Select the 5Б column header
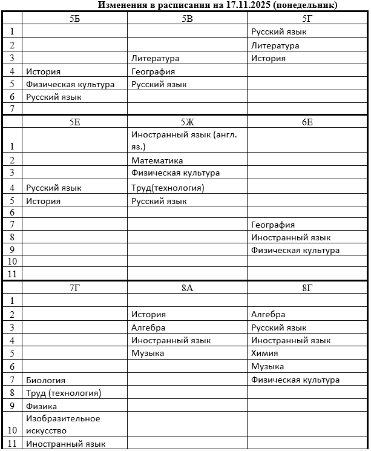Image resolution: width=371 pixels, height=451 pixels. pos(74,19)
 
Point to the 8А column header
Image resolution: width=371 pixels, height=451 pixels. pos(187,288)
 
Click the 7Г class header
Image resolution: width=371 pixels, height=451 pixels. pos(74,288)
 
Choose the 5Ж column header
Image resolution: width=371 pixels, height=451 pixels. pos(187,122)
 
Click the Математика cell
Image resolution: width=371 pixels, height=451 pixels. pos(157,160)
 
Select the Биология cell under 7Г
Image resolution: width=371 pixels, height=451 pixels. pos(45,380)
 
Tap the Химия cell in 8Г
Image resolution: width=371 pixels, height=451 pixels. pos(264,354)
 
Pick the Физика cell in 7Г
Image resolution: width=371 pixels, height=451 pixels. pos(41,406)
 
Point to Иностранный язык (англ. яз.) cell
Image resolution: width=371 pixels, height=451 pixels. pos(183,140)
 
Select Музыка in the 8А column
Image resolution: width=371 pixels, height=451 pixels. pos(148,354)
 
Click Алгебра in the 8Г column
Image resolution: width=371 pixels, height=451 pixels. pos(268,314)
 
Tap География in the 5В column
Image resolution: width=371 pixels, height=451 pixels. pos(153,71)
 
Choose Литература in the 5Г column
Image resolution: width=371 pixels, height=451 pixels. pos(275,45)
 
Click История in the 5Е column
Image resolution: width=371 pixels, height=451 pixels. pos(43,201)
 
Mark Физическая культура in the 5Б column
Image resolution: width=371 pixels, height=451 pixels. pos(70,85)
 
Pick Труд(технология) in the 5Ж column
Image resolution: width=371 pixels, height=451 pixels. pos(168,188)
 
